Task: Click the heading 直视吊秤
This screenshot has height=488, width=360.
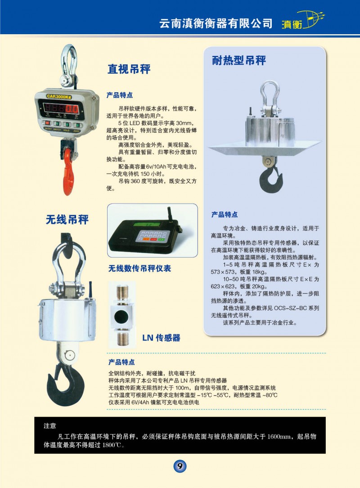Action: click(129, 69)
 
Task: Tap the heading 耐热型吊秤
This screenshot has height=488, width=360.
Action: click(239, 60)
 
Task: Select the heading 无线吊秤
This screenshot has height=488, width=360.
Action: click(67, 220)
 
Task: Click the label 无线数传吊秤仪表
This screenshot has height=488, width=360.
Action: click(139, 268)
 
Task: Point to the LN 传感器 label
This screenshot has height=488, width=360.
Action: click(161, 338)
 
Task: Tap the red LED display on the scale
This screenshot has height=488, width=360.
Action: click(61, 109)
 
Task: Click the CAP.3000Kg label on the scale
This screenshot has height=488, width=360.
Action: click(59, 97)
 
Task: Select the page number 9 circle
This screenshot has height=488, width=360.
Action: click(180, 466)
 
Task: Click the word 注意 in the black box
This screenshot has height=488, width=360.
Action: click(50, 425)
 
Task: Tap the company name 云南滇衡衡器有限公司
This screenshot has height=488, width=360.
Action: click(216, 23)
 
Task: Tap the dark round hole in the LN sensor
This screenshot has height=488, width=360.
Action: click(121, 317)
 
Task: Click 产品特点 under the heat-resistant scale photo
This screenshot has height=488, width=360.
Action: click(224, 215)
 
